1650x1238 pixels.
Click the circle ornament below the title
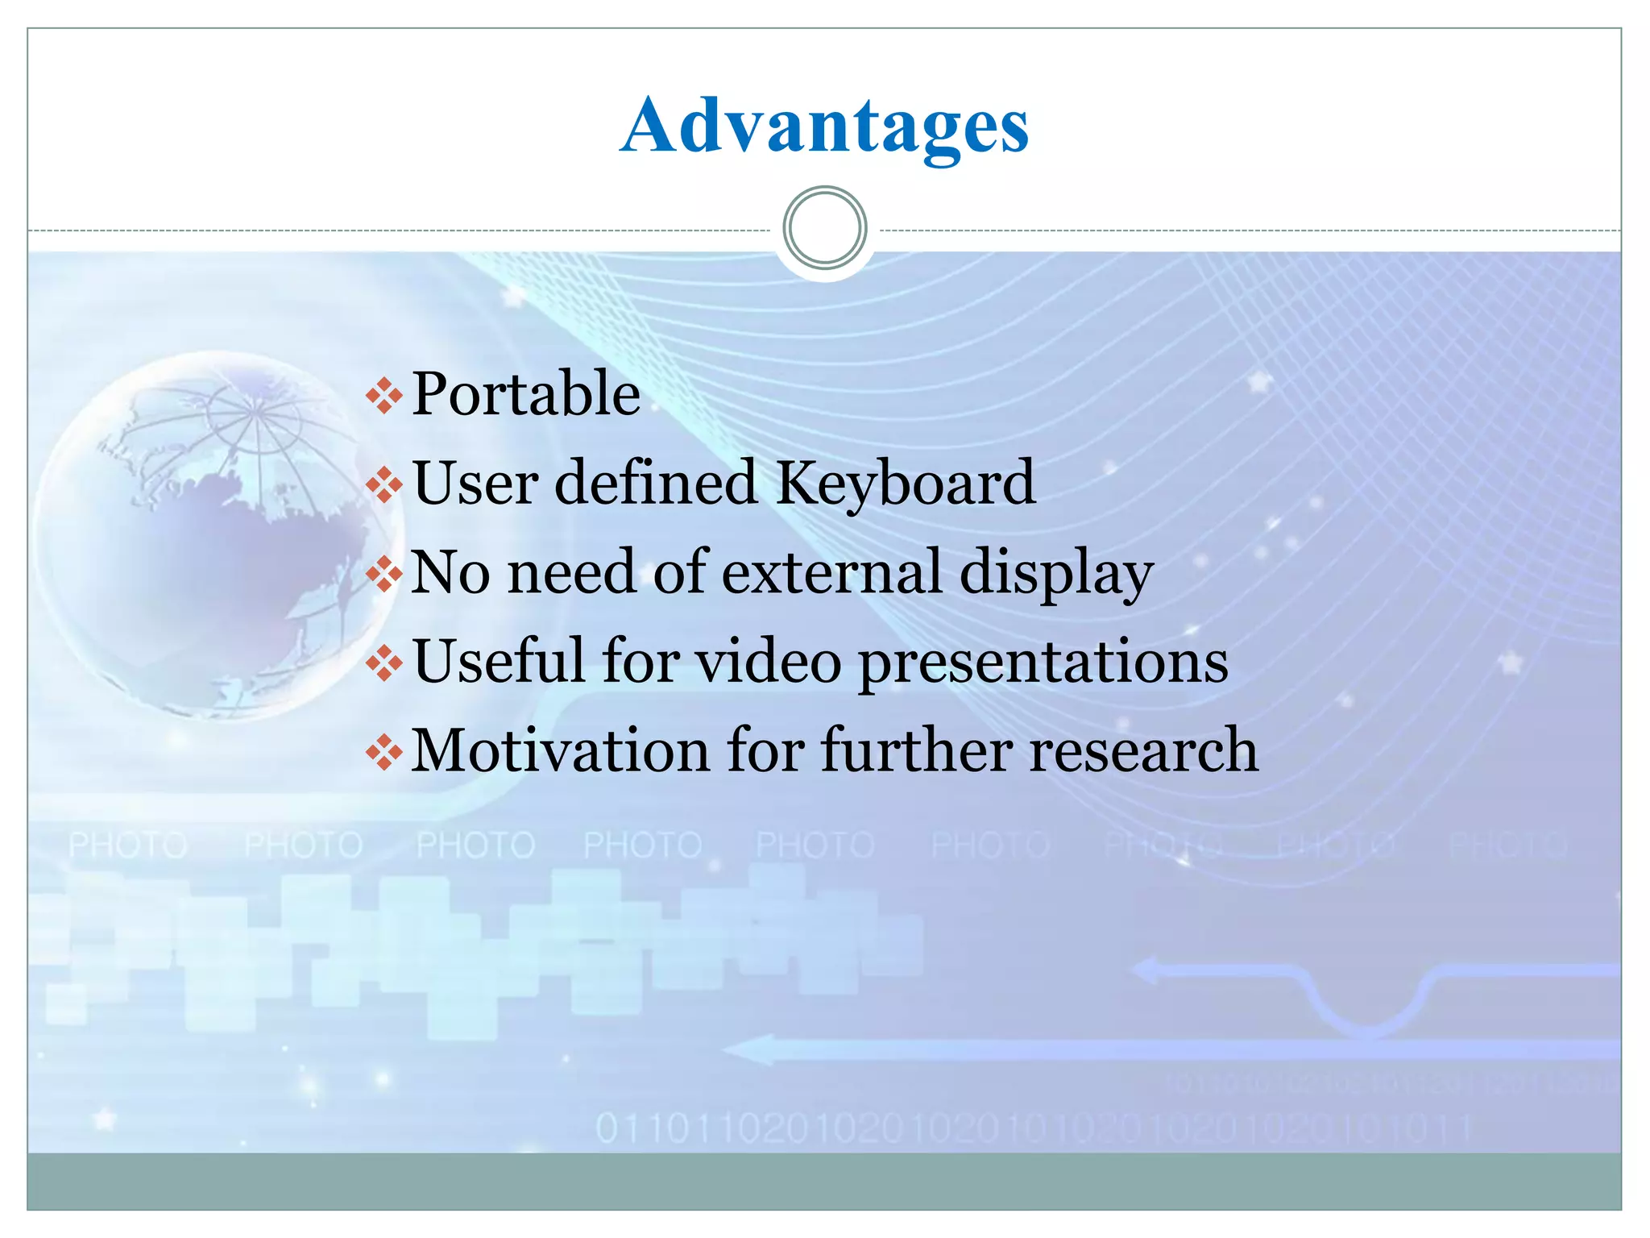(824, 228)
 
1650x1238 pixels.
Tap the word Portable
(526, 395)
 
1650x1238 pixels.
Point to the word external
(831, 572)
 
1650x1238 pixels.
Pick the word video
(769, 662)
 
